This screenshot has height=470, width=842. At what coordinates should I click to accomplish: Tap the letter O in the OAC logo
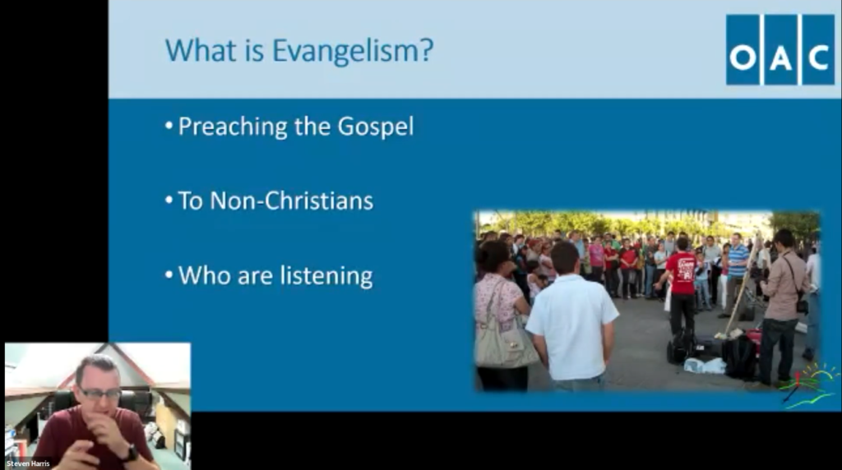click(743, 57)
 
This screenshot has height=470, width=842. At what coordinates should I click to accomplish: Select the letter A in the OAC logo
click(780, 57)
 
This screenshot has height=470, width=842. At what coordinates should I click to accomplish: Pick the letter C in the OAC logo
click(818, 57)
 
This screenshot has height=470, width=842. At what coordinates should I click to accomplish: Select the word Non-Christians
click(292, 201)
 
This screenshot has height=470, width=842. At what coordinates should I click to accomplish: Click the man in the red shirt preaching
click(681, 283)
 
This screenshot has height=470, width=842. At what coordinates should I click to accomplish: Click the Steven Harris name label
click(27, 464)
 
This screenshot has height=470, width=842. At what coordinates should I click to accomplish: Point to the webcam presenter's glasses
click(99, 394)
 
